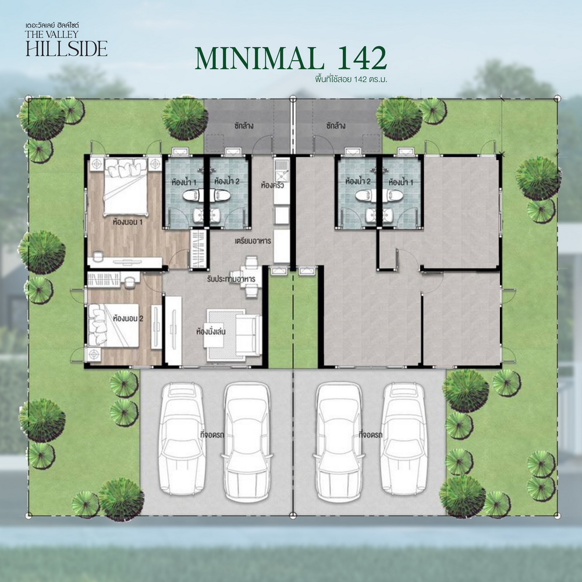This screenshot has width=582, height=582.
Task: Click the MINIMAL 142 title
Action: pos(291,58)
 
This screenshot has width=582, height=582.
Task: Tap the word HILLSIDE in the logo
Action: pos(67,48)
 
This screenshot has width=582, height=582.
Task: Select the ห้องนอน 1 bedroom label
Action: pos(128,222)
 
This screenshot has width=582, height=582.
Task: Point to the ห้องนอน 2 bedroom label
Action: pos(128,318)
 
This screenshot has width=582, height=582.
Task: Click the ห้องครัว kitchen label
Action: pos(272,185)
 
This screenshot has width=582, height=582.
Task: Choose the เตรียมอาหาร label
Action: pos(253,241)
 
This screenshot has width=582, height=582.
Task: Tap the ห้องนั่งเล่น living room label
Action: pos(211,331)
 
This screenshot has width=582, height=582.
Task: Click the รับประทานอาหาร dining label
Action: pos(231,279)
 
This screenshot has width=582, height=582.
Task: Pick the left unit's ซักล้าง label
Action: pos(244,126)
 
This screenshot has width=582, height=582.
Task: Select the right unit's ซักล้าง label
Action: pos(336,126)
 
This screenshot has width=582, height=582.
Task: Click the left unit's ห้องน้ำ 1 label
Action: pos(184,182)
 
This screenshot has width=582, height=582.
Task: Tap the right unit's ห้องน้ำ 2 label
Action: pos(358,182)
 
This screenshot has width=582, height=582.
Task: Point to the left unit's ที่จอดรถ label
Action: pos(212,435)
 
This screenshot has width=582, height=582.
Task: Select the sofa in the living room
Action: pos(248,335)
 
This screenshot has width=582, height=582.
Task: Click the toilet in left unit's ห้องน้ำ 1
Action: pos(192,195)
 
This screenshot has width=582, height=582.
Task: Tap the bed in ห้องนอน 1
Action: pos(126,187)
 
